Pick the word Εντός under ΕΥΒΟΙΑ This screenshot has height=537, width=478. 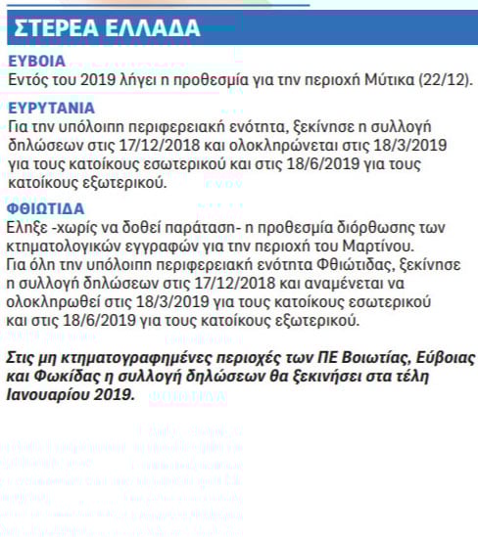pyautogui.click(x=28, y=79)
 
